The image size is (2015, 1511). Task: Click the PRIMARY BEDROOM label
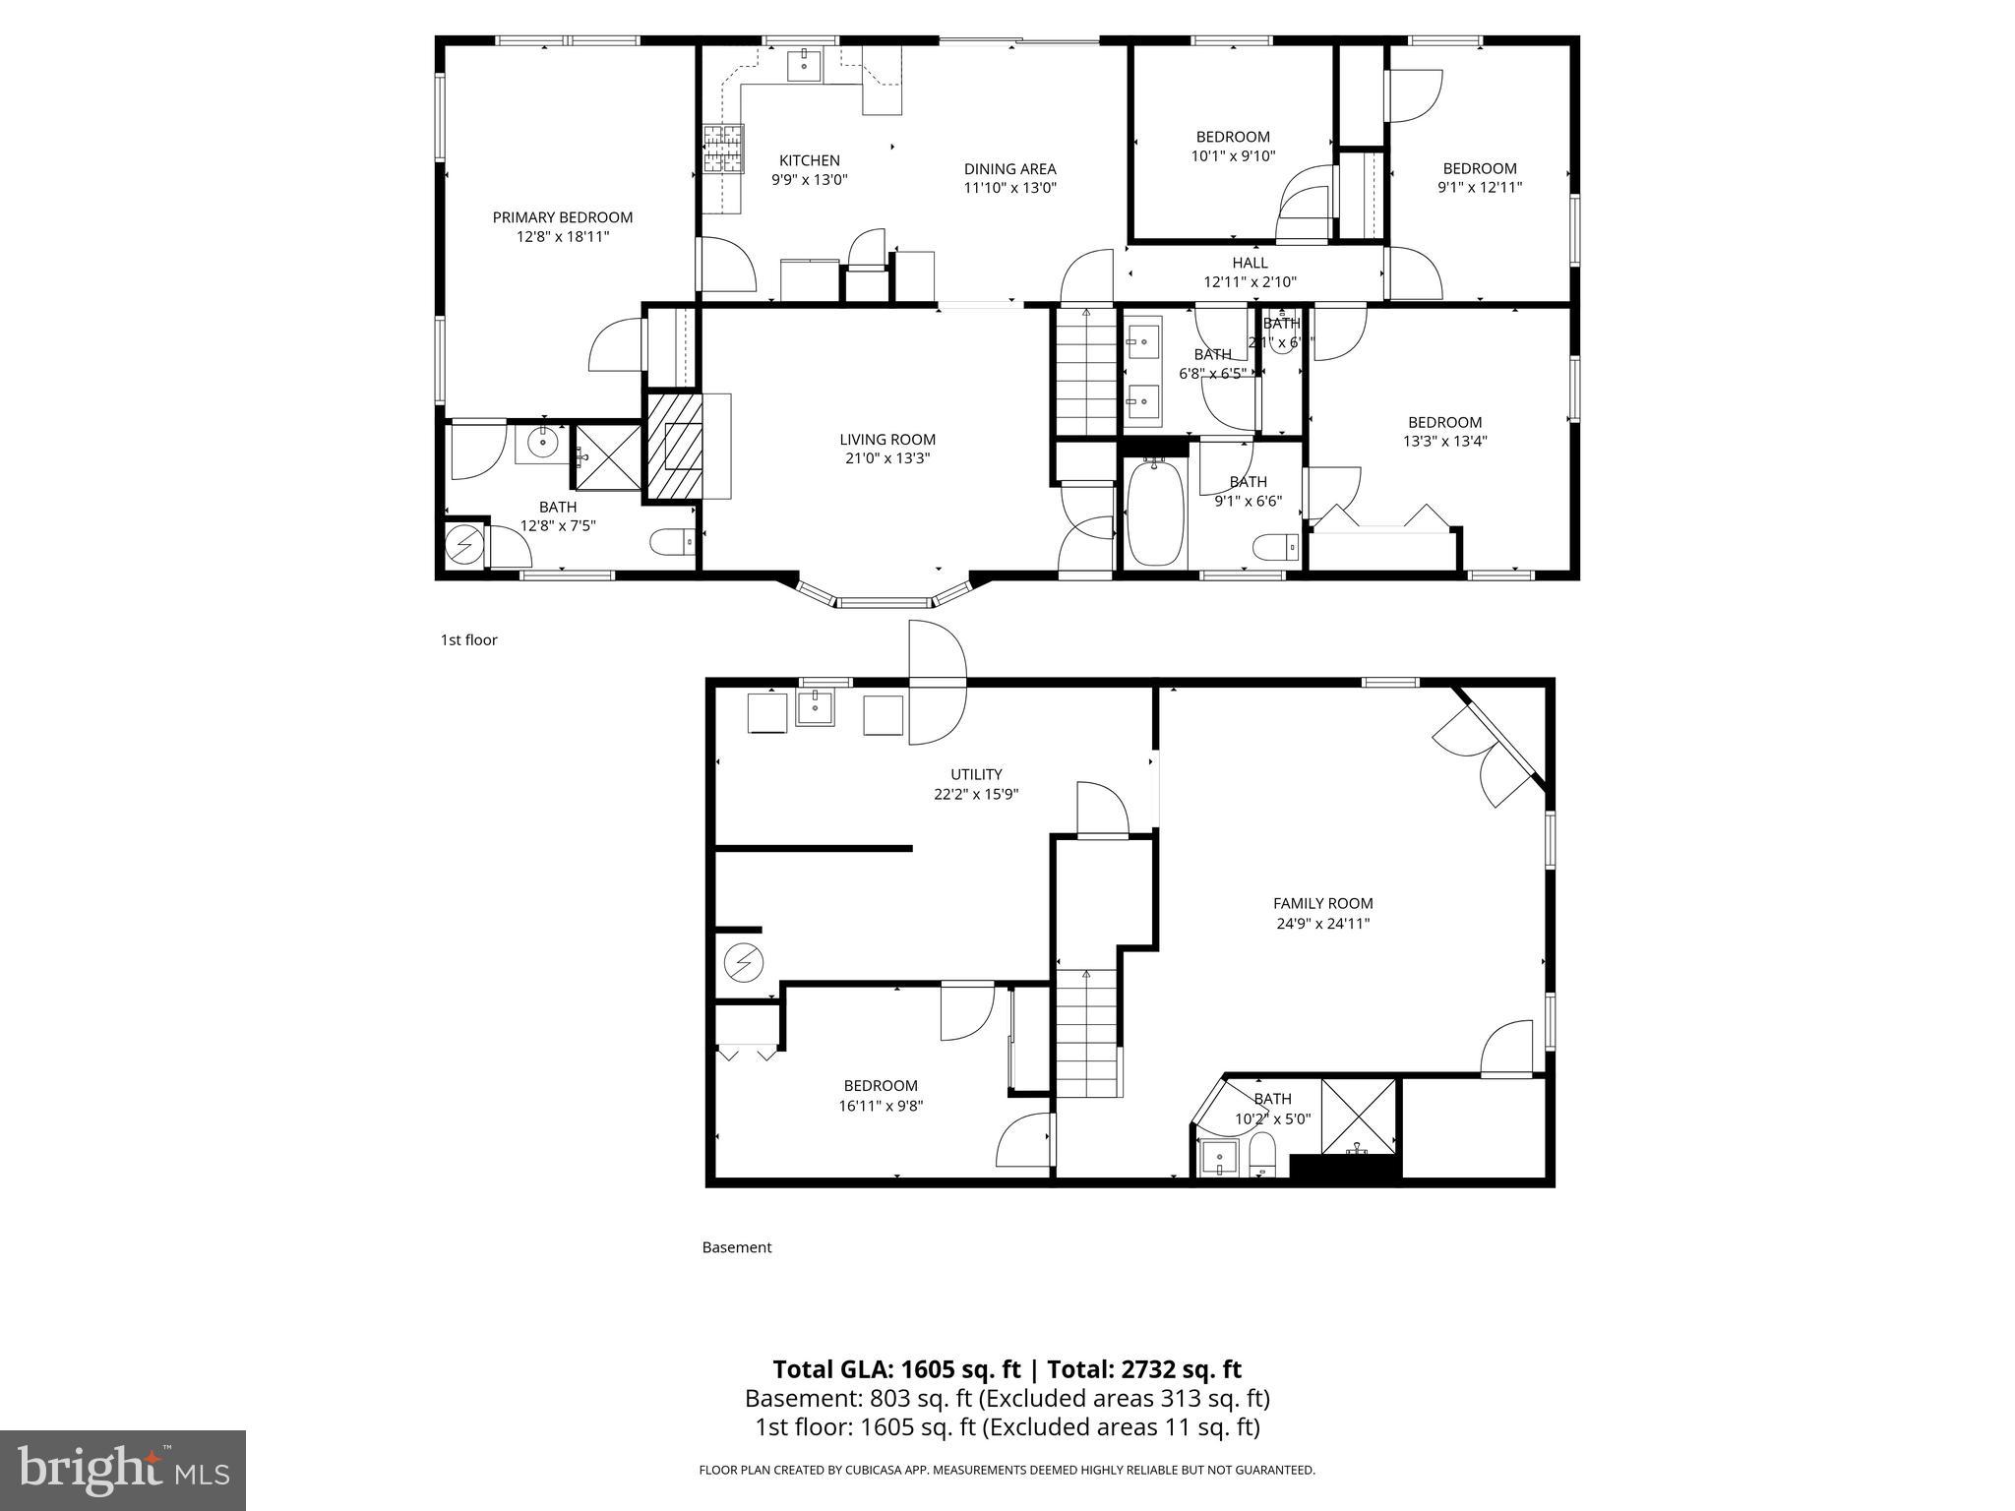coord(562,217)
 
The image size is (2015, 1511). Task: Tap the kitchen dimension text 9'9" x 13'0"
coord(809,180)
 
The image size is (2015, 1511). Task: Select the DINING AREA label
coord(1009,169)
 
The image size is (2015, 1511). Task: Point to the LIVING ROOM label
coord(886,440)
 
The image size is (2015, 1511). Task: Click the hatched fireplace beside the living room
coord(674,448)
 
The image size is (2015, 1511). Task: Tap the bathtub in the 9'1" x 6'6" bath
coord(1155,514)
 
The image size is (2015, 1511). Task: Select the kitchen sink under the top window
coord(806,65)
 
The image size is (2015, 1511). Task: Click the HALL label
coord(1250,263)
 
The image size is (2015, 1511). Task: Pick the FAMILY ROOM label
coord(1322,903)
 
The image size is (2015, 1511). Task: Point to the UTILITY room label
coord(976,774)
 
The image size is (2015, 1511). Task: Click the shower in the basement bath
coord(1358,1116)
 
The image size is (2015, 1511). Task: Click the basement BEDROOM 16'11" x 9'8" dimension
coord(882,1106)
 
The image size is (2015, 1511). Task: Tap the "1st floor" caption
coord(468,640)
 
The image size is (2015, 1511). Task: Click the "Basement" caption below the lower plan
coord(736,1247)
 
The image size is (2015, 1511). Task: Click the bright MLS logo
coord(123,1471)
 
